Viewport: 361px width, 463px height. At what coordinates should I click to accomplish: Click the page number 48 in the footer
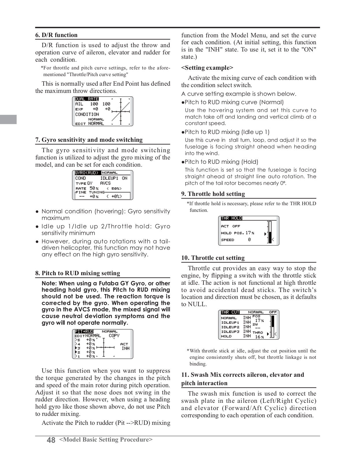tap(51, 440)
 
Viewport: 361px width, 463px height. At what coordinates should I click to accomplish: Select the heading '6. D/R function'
tap(56, 35)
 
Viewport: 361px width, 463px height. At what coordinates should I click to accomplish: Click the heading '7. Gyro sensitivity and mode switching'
tap(89, 140)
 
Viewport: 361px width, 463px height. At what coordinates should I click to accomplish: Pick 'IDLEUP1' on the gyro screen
tap(109, 178)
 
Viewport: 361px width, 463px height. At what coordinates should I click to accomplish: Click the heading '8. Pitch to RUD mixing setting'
tap(78, 273)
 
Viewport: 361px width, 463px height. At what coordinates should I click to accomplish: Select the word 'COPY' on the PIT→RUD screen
tap(114, 336)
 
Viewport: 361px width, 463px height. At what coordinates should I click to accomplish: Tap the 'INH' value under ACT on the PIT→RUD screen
tap(125, 348)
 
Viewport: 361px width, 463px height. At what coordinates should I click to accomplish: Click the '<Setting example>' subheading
tap(207, 68)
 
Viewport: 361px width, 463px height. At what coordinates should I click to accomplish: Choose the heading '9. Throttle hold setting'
tap(213, 194)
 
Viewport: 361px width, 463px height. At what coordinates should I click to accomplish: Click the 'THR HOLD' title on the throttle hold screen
tap(231, 218)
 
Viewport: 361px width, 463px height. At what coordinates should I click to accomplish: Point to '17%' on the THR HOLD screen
tap(250, 233)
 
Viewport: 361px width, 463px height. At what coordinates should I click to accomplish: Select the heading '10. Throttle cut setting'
tap(213, 258)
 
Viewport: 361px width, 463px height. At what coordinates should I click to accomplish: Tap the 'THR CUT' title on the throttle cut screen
tap(230, 312)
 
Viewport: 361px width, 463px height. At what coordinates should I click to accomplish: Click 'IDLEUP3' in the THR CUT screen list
tap(230, 332)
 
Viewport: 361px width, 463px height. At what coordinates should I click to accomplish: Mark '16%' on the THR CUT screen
tap(259, 337)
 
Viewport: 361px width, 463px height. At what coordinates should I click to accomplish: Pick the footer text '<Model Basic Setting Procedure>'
tap(106, 440)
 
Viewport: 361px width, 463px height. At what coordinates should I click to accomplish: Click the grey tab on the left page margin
tap(8, 119)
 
